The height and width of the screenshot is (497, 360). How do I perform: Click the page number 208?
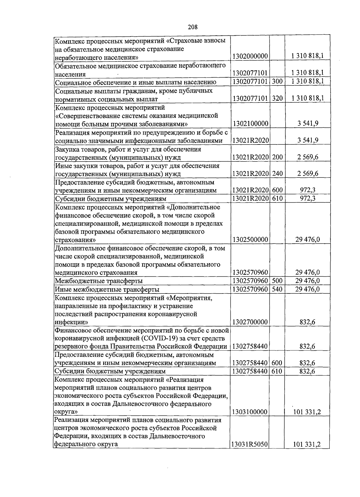193,27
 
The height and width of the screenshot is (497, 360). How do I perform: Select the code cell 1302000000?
250,56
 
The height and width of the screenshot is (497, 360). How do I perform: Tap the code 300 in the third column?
277,81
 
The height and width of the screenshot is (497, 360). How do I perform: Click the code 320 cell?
277,98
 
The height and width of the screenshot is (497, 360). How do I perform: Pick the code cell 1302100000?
250,123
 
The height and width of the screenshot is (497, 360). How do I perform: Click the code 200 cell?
277,157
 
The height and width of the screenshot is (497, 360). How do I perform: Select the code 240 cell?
277,174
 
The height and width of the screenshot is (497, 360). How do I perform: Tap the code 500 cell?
277,281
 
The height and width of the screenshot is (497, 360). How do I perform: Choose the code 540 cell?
277,289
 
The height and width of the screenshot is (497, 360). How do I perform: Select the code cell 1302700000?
250,322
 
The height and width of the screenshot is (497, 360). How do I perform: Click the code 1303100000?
250,412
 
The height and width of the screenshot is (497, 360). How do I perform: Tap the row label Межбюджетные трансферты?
98,281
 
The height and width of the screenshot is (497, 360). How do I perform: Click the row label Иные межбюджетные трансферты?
107,289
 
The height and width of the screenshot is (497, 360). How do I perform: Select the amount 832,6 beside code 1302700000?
307,322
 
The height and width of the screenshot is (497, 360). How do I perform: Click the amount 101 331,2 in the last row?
307,444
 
